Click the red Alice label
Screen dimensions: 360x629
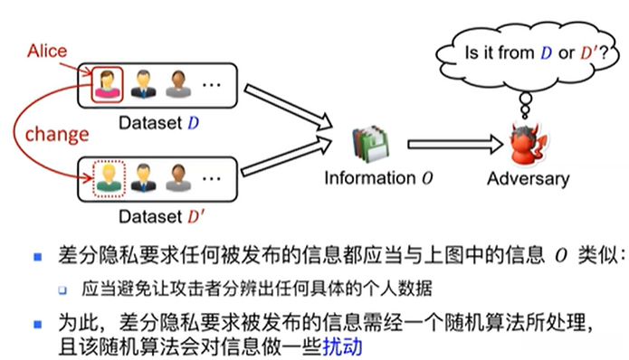[47, 51]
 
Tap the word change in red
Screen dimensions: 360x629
[56, 134]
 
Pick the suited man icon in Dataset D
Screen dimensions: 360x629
[144, 83]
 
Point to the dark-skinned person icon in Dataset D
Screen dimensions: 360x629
[177, 83]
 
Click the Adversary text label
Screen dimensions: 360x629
[528, 178]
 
